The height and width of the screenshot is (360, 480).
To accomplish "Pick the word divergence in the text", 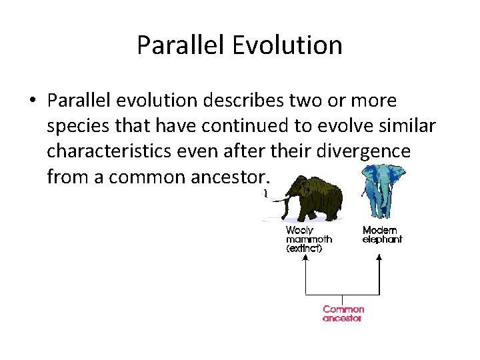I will pyautogui.click(x=367, y=152).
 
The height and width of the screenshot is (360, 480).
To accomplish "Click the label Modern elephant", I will pyautogui.click(x=382, y=235).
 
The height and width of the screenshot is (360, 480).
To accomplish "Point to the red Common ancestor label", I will pyautogui.click(x=343, y=313).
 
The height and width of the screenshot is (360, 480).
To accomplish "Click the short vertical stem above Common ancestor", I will pyautogui.click(x=343, y=299).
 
